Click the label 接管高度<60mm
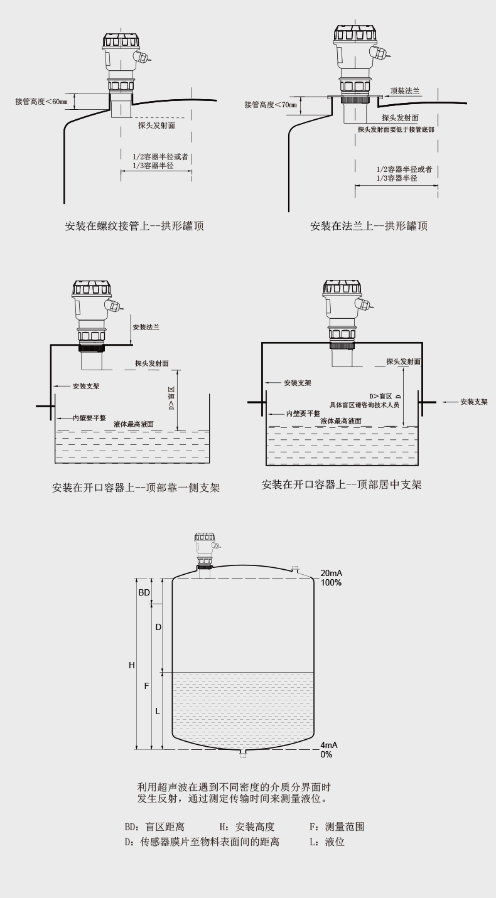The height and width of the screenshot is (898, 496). coord(41,101)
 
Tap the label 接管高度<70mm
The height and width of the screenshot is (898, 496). coord(271,104)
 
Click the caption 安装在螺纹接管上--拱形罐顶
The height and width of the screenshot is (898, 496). coord(134,226)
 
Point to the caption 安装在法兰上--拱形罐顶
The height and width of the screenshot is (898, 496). coord(369,226)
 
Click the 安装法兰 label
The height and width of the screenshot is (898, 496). coord(146,327)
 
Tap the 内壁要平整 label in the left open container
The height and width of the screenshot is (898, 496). coord(89,417)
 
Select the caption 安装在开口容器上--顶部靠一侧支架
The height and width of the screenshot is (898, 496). coord(136,487)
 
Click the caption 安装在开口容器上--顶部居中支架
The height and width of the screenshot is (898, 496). coord(342,484)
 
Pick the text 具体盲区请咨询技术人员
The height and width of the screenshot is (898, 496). coord(365,405)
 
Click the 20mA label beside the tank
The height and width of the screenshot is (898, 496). coord(331,574)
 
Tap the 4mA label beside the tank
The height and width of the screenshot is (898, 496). coord(329,745)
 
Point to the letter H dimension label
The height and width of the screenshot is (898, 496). coord(132,665)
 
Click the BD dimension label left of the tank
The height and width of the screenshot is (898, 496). coord(144,592)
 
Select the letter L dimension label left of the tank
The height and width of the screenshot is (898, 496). coord(158,711)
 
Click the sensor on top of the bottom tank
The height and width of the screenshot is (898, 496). coord(205,550)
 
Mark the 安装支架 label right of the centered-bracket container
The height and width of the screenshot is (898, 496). coord(473,402)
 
